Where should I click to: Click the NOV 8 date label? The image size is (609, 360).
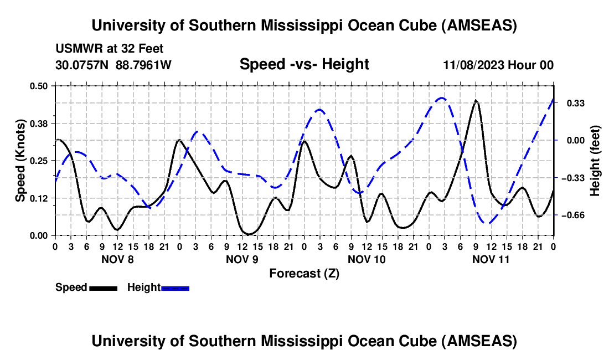pyautogui.click(x=117, y=259)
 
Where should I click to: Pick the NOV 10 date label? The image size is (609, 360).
pyautogui.click(x=367, y=259)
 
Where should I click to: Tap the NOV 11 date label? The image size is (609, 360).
pyautogui.click(x=491, y=259)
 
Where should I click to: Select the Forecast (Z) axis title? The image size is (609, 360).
pyautogui.click(x=304, y=273)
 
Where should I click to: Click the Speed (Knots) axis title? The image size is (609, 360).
pyautogui.click(x=20, y=161)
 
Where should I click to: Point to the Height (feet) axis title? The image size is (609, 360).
pyautogui.click(x=595, y=161)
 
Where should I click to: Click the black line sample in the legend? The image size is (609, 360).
pyautogui.click(x=103, y=288)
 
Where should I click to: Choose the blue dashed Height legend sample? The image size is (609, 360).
pyautogui.click(x=175, y=288)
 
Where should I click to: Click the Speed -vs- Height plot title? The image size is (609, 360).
pyautogui.click(x=304, y=64)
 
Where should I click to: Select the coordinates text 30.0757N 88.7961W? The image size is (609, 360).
pyautogui.click(x=113, y=65)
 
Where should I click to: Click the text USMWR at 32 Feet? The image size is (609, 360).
pyautogui.click(x=110, y=49)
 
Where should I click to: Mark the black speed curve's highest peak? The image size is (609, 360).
pyautogui.click(x=476, y=101)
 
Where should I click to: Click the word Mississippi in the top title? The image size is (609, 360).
pyautogui.click(x=304, y=25)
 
